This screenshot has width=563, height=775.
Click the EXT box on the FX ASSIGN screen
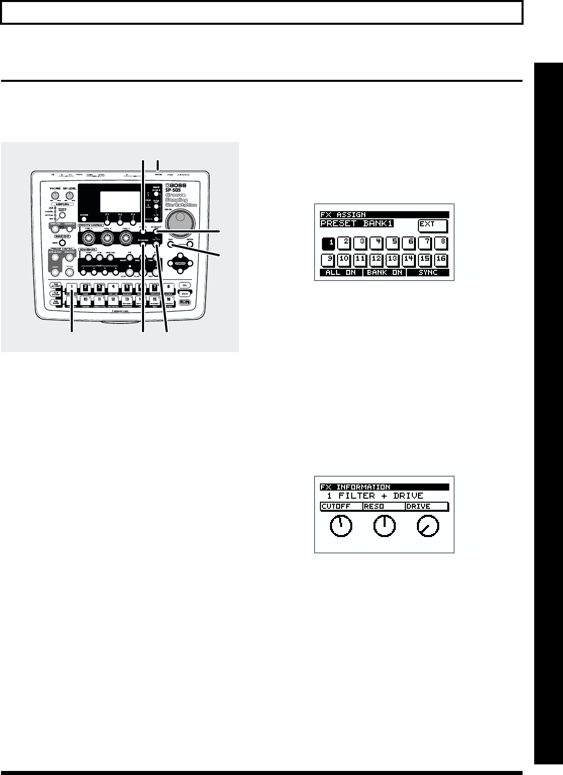[433, 225]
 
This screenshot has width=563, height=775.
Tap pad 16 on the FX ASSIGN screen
[440, 261]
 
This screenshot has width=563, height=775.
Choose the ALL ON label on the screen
[341, 272]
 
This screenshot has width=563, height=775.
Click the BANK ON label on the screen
[384, 272]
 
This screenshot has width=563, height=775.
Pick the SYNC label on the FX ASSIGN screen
[427, 272]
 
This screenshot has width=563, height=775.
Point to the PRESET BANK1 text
[357, 224]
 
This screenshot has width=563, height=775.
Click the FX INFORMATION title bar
[384, 487]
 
